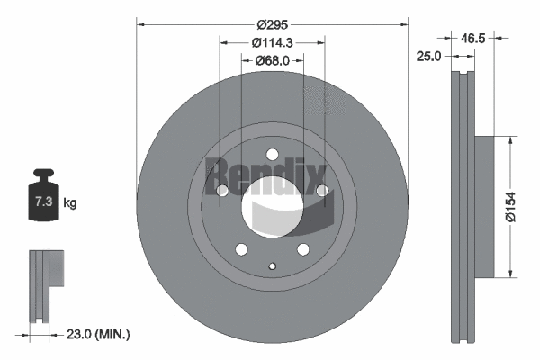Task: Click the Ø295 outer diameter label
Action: tap(271, 24)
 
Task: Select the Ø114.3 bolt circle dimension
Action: tap(271, 42)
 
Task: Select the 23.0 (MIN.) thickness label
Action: tap(99, 334)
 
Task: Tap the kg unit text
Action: tap(70, 203)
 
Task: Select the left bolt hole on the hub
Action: tap(222, 191)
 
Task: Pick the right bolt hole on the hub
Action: tap(320, 190)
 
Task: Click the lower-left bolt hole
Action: tap(240, 249)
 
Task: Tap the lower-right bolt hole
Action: tap(302, 249)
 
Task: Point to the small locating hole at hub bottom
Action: tap(272, 265)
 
